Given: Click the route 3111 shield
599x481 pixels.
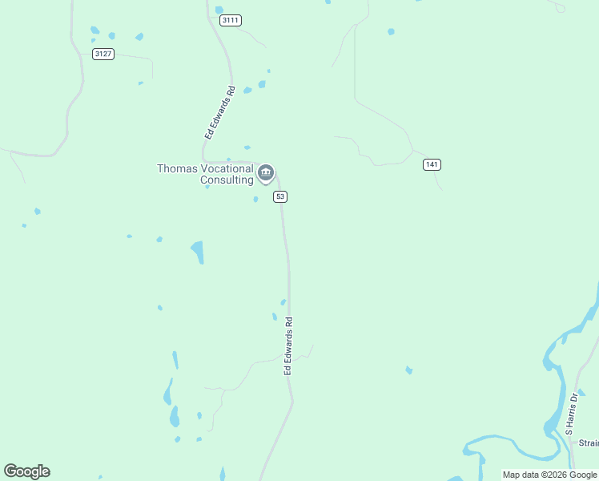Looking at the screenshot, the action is [230, 20].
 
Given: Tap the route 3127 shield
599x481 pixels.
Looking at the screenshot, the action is [103, 54].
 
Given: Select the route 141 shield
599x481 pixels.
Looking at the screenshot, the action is [432, 164].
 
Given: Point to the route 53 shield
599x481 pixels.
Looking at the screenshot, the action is [280, 196].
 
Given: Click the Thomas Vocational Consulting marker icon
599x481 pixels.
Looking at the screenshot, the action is [266, 172].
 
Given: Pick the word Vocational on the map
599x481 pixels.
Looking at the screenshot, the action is [226, 168].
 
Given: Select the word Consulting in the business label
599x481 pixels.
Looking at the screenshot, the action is [227, 180].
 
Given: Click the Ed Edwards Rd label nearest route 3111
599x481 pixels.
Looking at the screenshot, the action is [219, 113].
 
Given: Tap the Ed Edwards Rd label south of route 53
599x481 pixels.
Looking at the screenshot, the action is [289, 346].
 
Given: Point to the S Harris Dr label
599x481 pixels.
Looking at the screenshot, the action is [571, 414].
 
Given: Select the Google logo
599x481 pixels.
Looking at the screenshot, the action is [27, 471].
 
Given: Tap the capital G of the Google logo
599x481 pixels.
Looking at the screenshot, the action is [10, 471].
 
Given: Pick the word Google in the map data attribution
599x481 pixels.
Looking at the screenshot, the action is [584, 475].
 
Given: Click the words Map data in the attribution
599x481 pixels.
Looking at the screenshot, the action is [520, 475].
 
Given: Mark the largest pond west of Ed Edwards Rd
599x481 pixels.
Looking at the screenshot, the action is [197, 252].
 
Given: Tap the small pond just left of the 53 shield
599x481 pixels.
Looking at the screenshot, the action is [256, 199].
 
